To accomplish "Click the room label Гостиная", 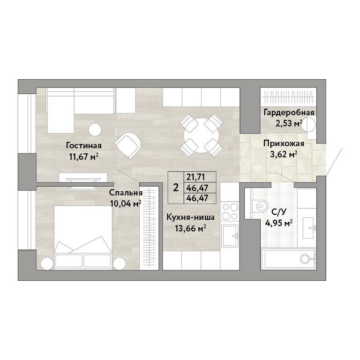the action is point(84,146).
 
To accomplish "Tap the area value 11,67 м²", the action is point(84,157).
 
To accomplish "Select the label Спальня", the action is point(126,193).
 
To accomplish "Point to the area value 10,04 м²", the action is point(126,203).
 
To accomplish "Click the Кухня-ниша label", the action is point(191,217).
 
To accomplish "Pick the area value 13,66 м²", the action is point(190,228).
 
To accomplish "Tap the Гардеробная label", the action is point(289,112).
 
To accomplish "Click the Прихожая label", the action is point(284,143).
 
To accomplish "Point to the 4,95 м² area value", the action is point(279,223).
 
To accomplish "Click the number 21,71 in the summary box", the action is point(195,177).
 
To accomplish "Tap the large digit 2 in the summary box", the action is point(176,188).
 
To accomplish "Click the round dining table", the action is point(202,135).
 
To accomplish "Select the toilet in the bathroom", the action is point(259,206).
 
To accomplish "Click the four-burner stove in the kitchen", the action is point(230,212).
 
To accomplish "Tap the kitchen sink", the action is point(230,235).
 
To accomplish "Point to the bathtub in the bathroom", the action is point(289,259).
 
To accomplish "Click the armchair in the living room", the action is point(127,145).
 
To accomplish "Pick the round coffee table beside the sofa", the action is point(95,130).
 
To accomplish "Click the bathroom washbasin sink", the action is point(309,228).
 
